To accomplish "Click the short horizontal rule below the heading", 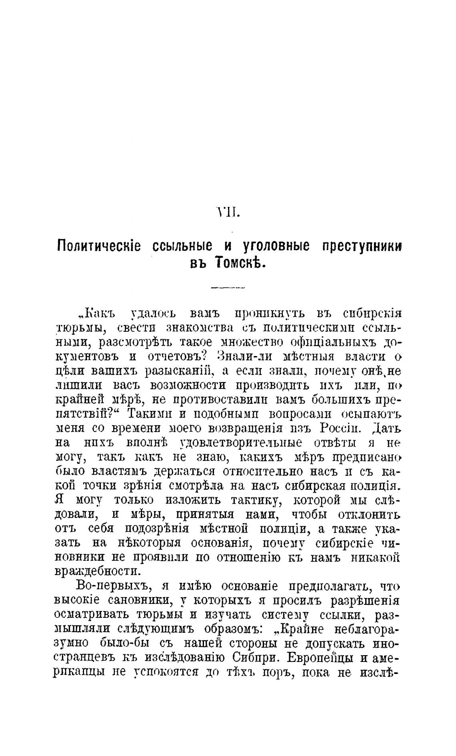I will pos(228,287).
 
